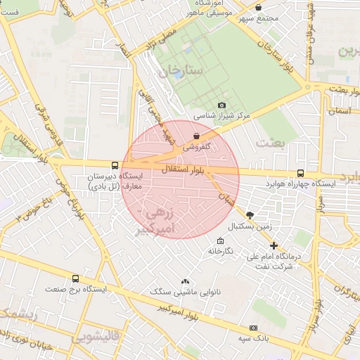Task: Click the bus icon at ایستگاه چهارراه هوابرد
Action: pyautogui.click(x=301, y=173)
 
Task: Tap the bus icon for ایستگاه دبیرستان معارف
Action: pyautogui.click(x=115, y=165)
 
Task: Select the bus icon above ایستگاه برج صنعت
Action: pyautogui.click(x=75, y=278)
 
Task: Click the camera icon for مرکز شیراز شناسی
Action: pyautogui.click(x=222, y=105)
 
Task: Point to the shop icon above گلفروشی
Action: pyautogui.click(x=196, y=136)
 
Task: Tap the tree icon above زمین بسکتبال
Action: pyautogui.click(x=251, y=215)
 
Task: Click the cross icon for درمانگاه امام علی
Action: pyautogui.click(x=274, y=245)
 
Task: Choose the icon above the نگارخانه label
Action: pyautogui.click(x=220, y=240)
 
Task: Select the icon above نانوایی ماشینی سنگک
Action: pyautogui.click(x=186, y=281)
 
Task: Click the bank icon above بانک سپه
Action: pyautogui.click(x=253, y=328)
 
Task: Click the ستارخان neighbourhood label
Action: pyautogui.click(x=180, y=72)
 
